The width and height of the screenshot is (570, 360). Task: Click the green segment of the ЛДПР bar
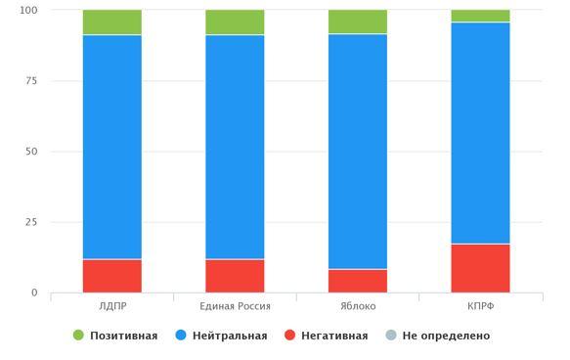tap(112, 22)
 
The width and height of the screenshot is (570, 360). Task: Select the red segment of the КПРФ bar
tap(481, 268)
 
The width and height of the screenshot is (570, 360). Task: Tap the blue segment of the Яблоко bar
tap(358, 152)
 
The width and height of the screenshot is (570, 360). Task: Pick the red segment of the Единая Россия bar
tap(235, 276)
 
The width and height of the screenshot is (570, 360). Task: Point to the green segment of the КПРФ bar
tap(481, 16)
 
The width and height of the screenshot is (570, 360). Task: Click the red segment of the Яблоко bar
tap(358, 281)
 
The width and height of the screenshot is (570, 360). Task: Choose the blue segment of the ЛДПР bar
tap(112, 147)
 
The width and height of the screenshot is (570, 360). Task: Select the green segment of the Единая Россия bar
tap(235, 22)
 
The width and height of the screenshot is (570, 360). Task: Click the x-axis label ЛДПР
tap(112, 306)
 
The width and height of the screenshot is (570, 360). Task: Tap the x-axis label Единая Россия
tap(235, 306)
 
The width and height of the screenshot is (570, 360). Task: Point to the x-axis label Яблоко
tap(358, 306)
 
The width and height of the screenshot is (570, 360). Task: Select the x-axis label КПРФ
tap(481, 306)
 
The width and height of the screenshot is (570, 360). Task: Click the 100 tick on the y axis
tap(28, 10)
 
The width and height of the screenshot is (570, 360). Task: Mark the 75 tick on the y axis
tap(31, 81)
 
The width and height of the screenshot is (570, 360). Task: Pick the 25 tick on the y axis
tap(31, 222)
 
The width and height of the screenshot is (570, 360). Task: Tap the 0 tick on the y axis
tap(34, 292)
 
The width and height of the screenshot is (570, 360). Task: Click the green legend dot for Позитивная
tap(78, 335)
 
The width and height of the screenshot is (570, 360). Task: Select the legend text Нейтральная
tap(230, 336)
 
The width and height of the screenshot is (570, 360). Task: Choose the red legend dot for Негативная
tap(289, 335)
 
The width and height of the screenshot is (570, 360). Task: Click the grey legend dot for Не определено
tap(391, 335)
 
